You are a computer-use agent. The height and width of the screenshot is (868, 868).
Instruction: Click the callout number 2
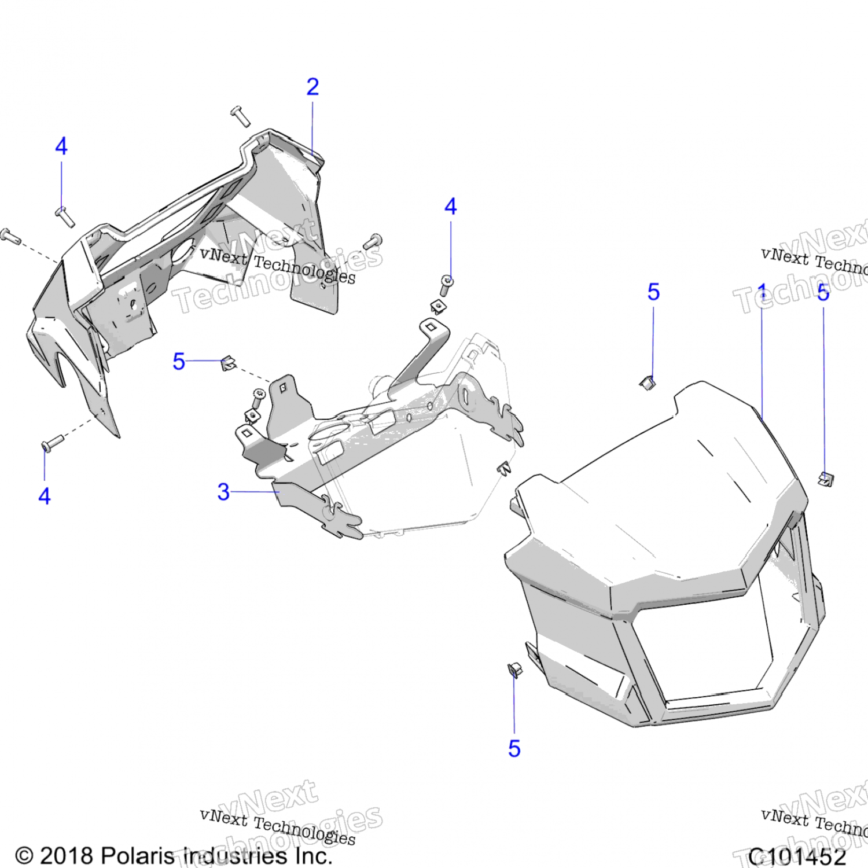point(312,87)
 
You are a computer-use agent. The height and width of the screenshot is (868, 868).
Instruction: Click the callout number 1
point(762,292)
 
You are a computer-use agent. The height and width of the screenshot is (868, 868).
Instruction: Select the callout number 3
point(223,492)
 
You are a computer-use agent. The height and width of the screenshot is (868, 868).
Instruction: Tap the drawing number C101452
point(797,856)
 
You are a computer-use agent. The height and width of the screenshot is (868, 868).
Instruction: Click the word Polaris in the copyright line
point(136,856)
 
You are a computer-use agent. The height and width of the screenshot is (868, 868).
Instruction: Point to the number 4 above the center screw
point(451,207)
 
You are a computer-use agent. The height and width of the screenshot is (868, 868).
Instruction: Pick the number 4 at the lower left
point(45,496)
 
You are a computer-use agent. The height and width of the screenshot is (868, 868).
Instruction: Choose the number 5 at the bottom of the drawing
point(514,749)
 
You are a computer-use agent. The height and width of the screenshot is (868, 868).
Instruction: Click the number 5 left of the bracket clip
point(179,362)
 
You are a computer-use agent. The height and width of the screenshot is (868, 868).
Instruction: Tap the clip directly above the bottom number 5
point(514,670)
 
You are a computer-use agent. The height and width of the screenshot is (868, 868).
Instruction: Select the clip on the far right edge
point(826,479)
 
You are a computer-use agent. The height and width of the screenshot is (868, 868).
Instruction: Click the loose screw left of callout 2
point(240,116)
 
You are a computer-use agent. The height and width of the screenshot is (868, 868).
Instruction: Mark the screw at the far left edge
point(10,236)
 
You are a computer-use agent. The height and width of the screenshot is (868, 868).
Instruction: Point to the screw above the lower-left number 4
point(52,444)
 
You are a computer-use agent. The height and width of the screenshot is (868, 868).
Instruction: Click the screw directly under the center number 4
point(446,284)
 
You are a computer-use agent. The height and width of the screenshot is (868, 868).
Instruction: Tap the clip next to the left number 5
point(228,363)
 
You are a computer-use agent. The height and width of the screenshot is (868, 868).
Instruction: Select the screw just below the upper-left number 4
point(65,216)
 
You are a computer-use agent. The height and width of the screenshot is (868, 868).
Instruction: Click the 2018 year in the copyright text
point(66,856)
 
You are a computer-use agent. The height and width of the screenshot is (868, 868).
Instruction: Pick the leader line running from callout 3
point(255,492)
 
